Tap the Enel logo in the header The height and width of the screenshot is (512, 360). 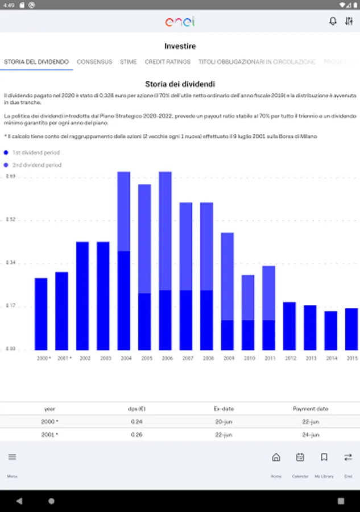(x=180, y=21)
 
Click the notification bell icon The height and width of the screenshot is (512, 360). (x=333, y=21)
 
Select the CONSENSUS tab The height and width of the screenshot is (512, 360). (x=94, y=62)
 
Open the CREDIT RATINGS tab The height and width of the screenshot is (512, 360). (x=167, y=62)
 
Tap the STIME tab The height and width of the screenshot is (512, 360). (x=129, y=62)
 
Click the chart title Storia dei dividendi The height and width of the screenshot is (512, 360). (x=180, y=84)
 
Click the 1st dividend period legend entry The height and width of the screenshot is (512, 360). (x=36, y=153)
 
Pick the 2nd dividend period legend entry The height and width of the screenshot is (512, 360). (x=36, y=165)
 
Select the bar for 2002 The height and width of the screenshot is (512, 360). (x=82, y=296)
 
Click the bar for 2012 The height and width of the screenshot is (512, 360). (x=289, y=326)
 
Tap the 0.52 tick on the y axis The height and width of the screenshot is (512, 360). (x=10, y=220)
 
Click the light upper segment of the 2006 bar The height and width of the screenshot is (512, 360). (x=165, y=230)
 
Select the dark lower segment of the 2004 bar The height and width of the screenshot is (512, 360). (x=124, y=300)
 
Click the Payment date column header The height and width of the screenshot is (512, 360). (x=311, y=408)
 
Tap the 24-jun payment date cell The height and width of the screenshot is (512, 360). (x=311, y=435)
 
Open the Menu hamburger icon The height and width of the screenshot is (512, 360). (x=13, y=457)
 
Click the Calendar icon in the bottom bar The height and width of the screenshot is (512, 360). (x=300, y=457)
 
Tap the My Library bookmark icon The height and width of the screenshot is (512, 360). (x=324, y=457)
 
